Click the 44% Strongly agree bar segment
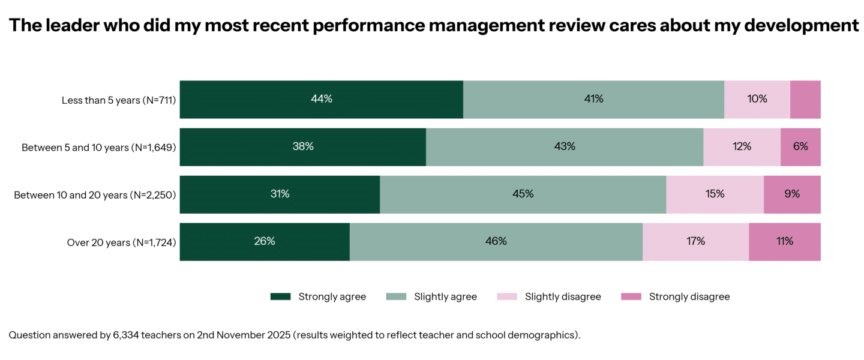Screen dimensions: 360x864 coord(322,100)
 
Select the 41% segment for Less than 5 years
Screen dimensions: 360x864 coord(593,100)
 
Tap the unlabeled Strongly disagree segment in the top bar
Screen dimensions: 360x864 coord(805,100)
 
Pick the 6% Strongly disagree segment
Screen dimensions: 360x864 coord(800,147)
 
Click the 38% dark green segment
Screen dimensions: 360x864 coord(303,147)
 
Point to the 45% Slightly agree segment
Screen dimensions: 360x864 coord(523,194)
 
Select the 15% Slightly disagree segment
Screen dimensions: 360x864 coord(715,194)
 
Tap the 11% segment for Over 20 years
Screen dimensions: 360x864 coord(784,242)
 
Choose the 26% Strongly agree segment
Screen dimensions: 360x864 coord(265,242)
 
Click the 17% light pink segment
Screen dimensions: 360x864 coord(695,242)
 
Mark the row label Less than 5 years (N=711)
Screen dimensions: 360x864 coord(118,100)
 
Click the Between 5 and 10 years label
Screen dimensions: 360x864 coord(98,148)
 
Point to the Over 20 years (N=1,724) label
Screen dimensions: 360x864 coord(121,242)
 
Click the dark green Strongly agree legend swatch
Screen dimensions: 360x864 coord(280,296)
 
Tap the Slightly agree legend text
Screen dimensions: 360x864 coord(445,296)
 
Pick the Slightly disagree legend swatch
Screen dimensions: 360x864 coord(507,296)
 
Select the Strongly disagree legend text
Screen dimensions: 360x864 coord(689,296)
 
